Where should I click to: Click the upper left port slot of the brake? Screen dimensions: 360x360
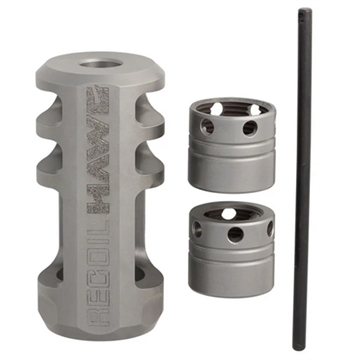click(x=52, y=117)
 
